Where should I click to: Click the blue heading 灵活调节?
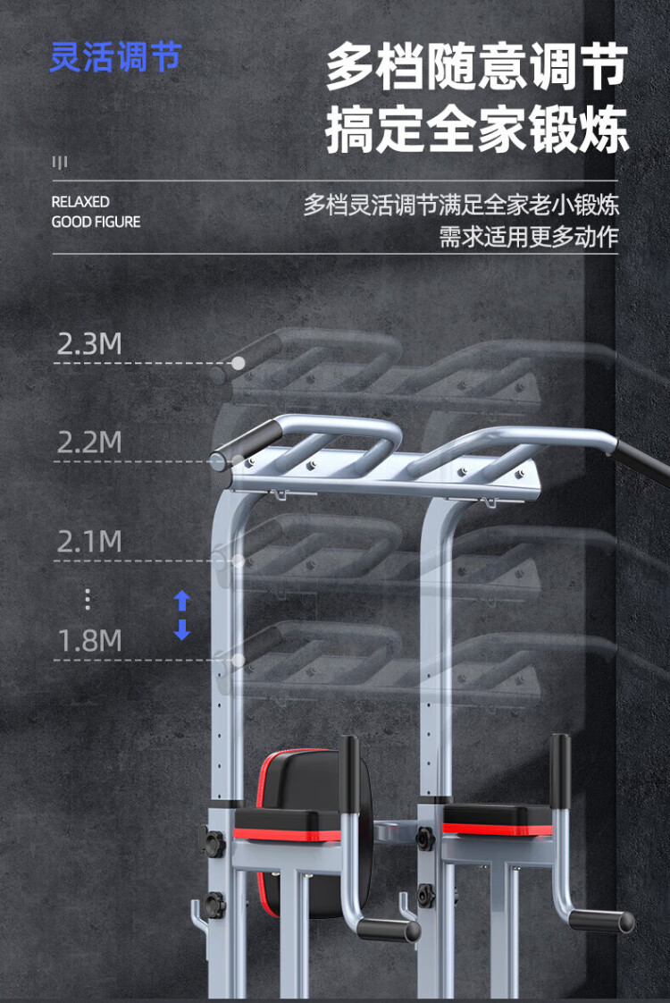coord(115,57)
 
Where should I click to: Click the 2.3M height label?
coord(89,344)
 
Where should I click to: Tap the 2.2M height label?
coord(89,442)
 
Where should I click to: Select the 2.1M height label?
coord(89,541)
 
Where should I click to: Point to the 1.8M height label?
coord(89,640)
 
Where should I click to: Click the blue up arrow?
coord(182,600)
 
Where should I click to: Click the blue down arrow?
coord(182,630)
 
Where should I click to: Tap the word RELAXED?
coord(80,202)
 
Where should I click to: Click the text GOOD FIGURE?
coord(96,222)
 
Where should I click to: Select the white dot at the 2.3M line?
coord(239,363)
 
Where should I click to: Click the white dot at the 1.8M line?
coord(239,660)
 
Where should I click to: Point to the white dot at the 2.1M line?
coord(239,560)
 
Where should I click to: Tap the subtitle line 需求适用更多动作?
coord(528,237)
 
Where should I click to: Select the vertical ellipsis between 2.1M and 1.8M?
coord(87,599)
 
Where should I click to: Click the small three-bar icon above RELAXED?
coord(60,163)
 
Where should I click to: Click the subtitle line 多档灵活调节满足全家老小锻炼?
coord(461,205)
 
